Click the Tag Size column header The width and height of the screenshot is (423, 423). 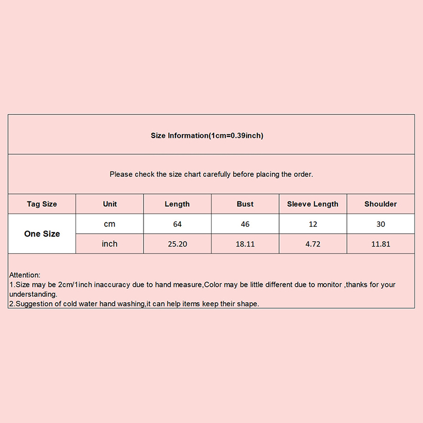tap(42, 204)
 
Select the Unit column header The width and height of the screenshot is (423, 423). tap(110, 204)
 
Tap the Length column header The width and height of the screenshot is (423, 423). tap(177, 204)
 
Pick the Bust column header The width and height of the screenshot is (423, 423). tap(245, 204)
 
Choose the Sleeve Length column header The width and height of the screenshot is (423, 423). tap(312, 204)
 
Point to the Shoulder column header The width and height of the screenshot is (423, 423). tap(381, 204)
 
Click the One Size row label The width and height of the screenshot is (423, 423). tap(42, 234)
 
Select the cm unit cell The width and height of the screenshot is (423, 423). tap(109, 224)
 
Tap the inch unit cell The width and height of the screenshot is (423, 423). tap(109, 244)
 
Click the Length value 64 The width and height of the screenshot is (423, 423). tap(177, 224)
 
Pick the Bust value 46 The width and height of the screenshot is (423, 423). tap(245, 224)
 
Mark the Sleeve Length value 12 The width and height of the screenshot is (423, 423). tap(313, 224)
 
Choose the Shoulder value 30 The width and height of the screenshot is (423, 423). tap(381, 224)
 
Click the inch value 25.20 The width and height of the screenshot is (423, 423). tap(177, 244)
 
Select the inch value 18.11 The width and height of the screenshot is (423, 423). tap(245, 244)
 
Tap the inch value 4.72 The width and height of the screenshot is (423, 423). tap(313, 244)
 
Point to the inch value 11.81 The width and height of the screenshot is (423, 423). tap(381, 244)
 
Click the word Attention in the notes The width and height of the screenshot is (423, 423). tap(24, 275)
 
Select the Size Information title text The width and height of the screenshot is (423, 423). tap(207, 136)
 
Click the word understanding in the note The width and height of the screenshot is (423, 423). tap(33, 294)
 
